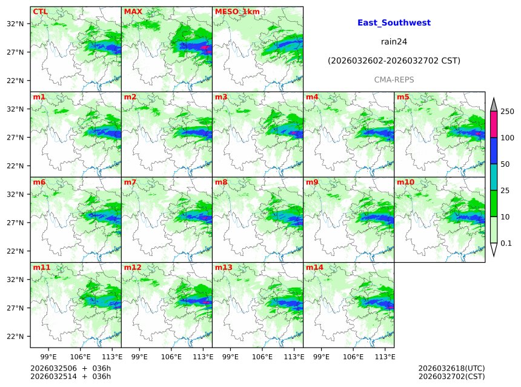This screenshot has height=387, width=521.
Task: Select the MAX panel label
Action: (x=133, y=12)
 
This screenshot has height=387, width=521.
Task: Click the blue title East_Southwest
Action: (x=394, y=22)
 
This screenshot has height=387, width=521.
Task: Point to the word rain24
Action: (x=394, y=42)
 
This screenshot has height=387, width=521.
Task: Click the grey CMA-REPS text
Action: (x=394, y=80)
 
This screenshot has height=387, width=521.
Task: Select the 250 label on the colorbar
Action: (x=507, y=112)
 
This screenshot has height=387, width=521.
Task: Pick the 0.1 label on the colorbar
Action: (x=506, y=243)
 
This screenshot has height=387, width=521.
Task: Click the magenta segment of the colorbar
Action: (x=493, y=124)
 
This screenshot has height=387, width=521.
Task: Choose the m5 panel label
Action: (x=403, y=97)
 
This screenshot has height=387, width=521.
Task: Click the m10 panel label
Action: (x=405, y=182)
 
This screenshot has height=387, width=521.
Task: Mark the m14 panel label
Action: (x=314, y=267)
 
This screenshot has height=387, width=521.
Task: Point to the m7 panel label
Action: (x=130, y=182)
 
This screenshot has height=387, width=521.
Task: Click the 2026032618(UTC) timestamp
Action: (x=451, y=368)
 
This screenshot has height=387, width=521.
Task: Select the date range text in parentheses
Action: (x=394, y=61)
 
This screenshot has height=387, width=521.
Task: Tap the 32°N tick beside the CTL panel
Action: (x=15, y=24)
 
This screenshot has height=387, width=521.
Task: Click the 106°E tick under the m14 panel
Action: (x=353, y=356)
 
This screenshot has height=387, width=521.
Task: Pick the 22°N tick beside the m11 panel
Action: (x=15, y=337)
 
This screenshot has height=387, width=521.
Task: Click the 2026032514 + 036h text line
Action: (x=70, y=377)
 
